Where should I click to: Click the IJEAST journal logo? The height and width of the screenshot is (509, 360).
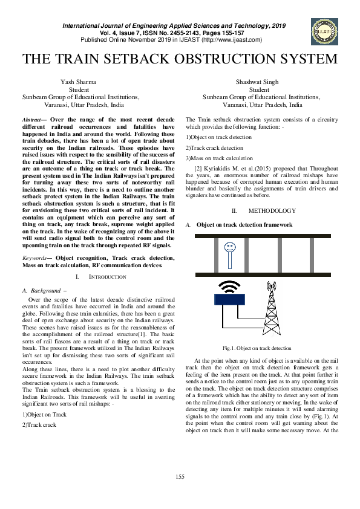pos(322,31)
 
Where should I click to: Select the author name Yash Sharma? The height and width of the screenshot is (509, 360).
pos(79,82)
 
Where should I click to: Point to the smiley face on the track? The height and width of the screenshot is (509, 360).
pos(230,248)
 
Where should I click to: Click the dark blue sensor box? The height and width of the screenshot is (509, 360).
pos(229,299)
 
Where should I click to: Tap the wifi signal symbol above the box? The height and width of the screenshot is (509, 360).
pos(228,285)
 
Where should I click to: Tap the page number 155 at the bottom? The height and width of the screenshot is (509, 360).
pos(180,478)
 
